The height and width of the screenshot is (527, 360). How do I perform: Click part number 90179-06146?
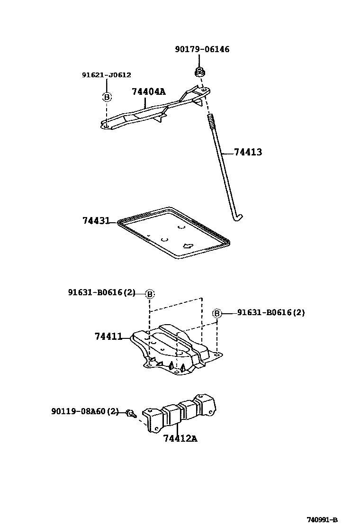(x=202, y=49)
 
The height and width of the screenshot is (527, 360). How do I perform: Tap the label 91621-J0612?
(x=107, y=75)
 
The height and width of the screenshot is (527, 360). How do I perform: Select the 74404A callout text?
(x=148, y=92)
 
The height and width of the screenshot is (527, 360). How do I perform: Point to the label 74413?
(x=248, y=153)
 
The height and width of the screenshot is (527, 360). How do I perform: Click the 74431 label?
(x=96, y=221)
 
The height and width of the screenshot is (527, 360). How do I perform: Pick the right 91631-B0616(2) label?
(x=271, y=313)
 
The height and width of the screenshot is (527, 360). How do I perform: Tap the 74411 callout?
(x=108, y=337)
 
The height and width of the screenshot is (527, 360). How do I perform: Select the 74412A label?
(x=180, y=438)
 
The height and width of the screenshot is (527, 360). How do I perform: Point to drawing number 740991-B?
(x=322, y=519)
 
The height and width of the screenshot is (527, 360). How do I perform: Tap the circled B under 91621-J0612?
(x=107, y=97)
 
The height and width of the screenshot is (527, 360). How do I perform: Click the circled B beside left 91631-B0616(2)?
(x=150, y=294)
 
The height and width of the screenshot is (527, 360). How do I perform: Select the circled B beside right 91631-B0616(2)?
(x=216, y=313)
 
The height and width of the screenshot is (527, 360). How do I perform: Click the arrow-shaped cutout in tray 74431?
(x=188, y=246)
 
